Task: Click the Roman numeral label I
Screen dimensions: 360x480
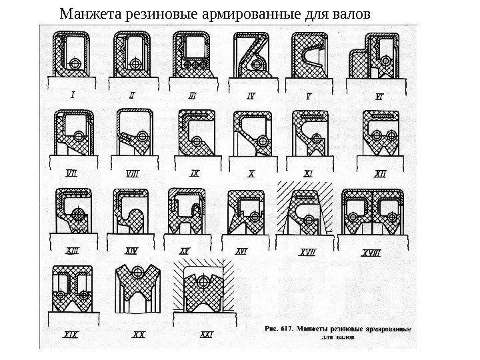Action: click(72, 95)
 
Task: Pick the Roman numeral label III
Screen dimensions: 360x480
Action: click(193, 95)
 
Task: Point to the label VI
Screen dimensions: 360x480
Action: click(380, 95)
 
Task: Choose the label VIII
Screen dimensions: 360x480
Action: click(133, 174)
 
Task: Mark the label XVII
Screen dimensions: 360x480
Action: click(308, 252)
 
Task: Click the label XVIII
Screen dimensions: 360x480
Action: click(371, 252)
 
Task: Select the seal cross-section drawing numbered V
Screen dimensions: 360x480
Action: click(309, 57)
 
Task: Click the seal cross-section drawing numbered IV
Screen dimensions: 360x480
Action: click(251, 56)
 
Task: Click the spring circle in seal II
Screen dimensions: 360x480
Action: click(137, 65)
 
